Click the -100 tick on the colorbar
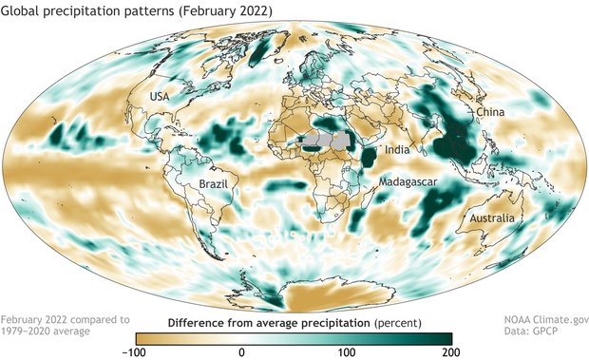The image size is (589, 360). tap(135, 352)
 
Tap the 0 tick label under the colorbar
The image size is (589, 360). tap(241, 352)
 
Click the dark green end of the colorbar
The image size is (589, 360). tap(443, 337)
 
